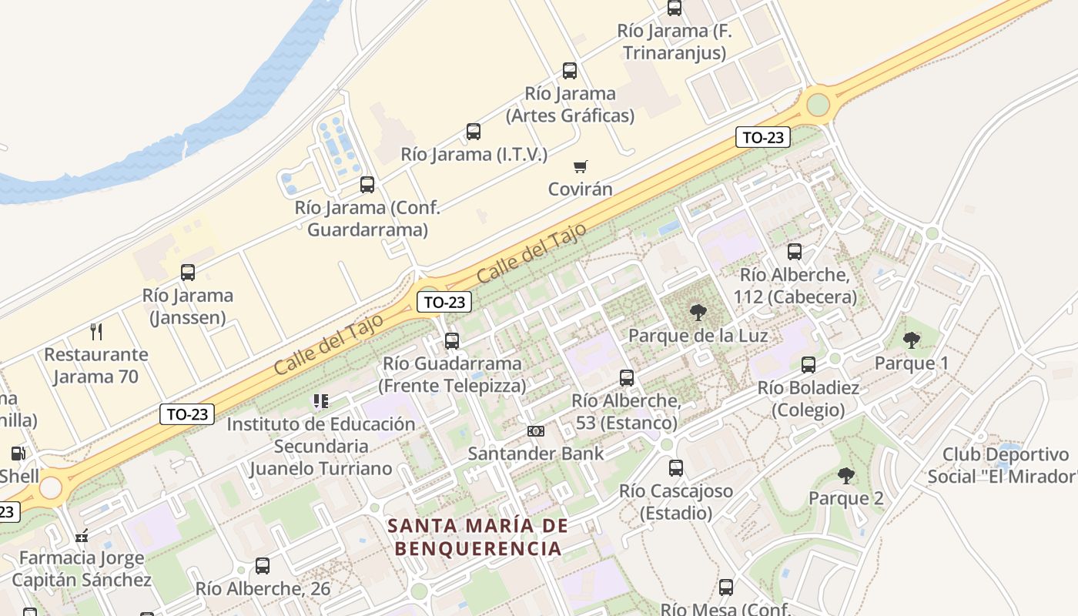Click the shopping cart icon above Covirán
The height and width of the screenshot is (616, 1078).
pyautogui.click(x=581, y=166)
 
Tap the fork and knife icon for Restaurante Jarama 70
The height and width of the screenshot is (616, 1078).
pyautogui.click(x=96, y=332)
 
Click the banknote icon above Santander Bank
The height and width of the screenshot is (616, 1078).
pyautogui.click(x=535, y=431)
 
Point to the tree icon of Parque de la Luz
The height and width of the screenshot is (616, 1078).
pyautogui.click(x=698, y=313)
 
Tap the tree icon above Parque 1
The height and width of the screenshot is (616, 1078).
pyautogui.click(x=912, y=340)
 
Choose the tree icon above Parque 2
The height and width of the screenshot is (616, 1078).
pyautogui.click(x=845, y=476)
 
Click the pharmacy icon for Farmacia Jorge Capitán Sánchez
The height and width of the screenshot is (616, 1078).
pyautogui.click(x=82, y=536)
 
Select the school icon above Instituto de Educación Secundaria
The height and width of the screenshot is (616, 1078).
pyautogui.click(x=320, y=401)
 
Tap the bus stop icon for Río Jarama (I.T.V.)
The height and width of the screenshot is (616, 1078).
pyautogui.click(x=474, y=132)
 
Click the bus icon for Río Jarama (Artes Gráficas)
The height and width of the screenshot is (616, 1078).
pyautogui.click(x=570, y=71)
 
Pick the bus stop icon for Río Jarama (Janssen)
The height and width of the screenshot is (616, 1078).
pyautogui.click(x=188, y=273)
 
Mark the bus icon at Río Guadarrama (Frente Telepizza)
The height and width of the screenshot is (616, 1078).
pyautogui.click(x=452, y=340)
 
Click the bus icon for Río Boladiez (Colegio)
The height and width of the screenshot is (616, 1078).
pyautogui.click(x=808, y=365)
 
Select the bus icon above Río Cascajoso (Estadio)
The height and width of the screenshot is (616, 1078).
pyautogui.click(x=676, y=468)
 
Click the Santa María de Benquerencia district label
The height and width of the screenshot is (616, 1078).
pyautogui.click(x=478, y=537)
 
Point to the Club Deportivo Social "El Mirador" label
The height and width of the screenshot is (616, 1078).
pyautogui.click(x=1004, y=466)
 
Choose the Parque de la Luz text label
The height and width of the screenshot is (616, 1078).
pyautogui.click(x=698, y=336)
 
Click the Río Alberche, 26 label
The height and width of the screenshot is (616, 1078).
pyautogui.click(x=263, y=589)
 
